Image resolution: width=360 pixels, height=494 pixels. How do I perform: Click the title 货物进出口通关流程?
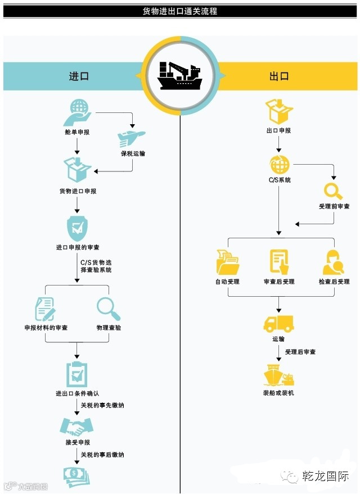[180, 10]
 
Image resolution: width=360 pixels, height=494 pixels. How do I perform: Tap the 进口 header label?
[79, 76]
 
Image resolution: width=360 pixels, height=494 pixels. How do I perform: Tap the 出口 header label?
[280, 76]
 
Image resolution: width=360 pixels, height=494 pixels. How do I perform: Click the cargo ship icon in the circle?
[180, 76]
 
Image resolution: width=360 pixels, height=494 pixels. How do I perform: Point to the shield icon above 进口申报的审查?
[77, 227]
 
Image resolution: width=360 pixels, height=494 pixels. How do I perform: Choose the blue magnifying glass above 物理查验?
[108, 309]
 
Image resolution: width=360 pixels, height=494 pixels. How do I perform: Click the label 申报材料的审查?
[46, 328]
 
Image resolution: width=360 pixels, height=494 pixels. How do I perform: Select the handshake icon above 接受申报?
[76, 427]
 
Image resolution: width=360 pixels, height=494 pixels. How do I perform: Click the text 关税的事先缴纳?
[102, 405]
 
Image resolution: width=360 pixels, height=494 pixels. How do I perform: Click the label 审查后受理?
[279, 282]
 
